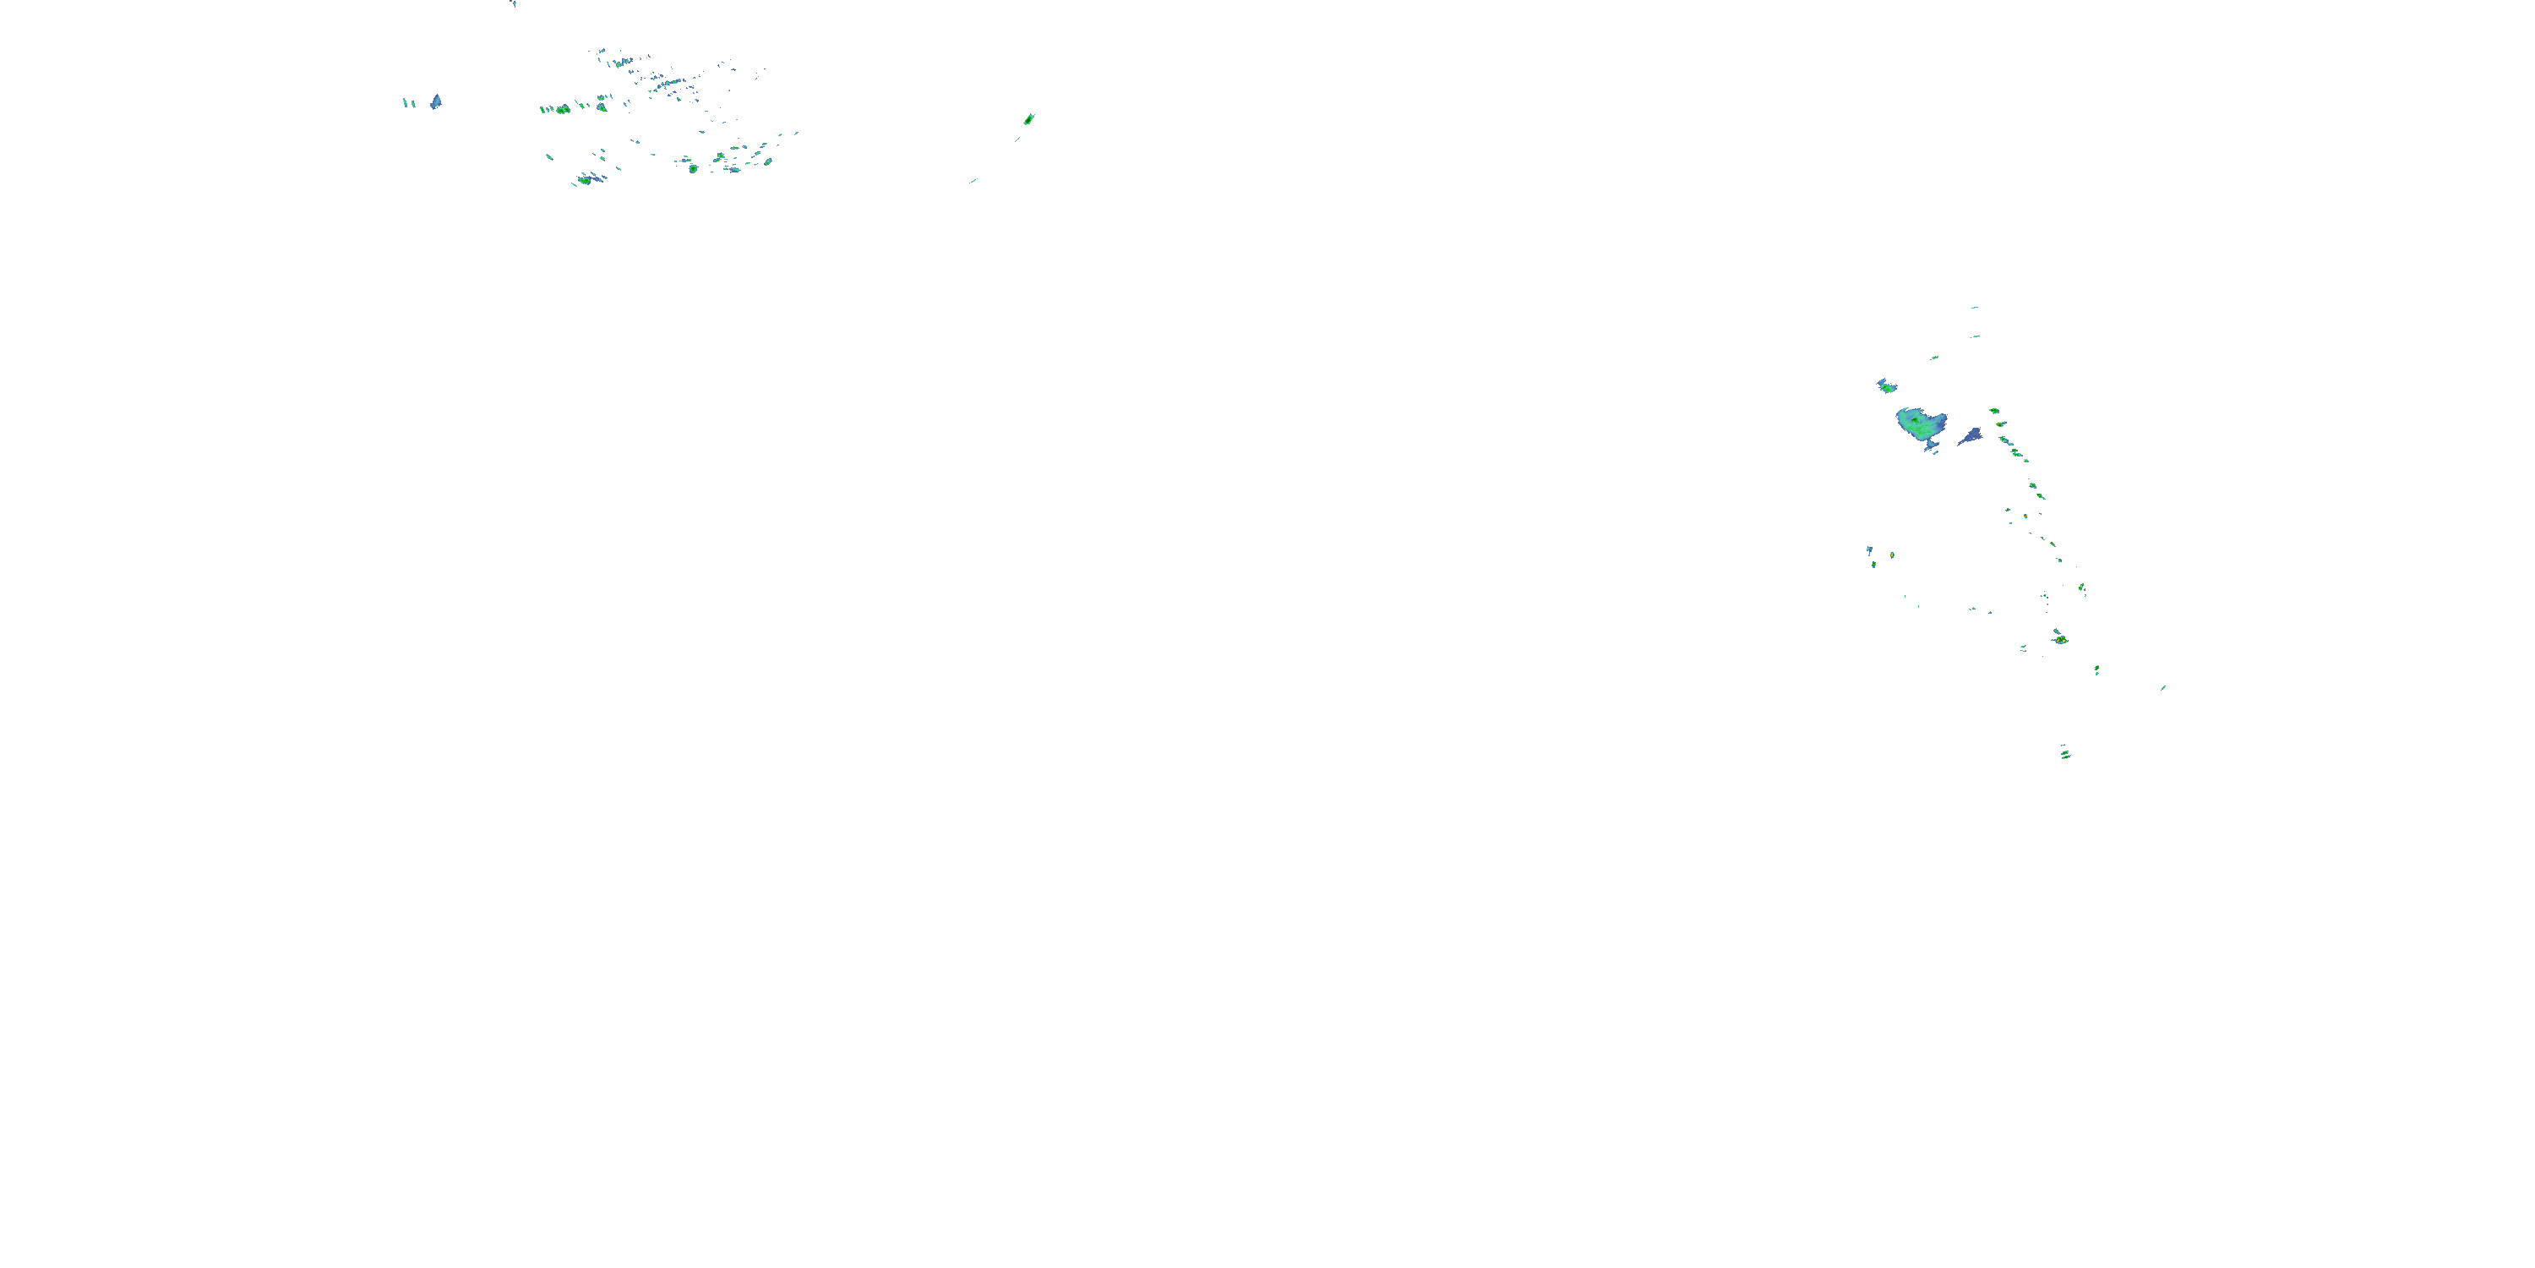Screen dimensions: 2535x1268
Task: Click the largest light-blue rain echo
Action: pyautogui.click(x=1920, y=425)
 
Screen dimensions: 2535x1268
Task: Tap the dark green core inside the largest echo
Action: pyautogui.click(x=1917, y=424)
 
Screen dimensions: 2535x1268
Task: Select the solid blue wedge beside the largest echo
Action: pyautogui.click(x=1971, y=436)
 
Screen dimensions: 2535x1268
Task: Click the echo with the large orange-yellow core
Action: pyautogui.click(x=2060, y=640)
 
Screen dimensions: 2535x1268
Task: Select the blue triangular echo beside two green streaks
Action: pyautogui.click(x=436, y=101)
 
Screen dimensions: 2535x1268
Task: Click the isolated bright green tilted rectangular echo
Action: pyautogui.click(x=1028, y=119)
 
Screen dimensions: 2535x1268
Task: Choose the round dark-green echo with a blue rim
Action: pyautogui.click(x=693, y=168)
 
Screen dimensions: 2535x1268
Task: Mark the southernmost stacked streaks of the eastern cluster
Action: pyautogui.click(x=2064, y=754)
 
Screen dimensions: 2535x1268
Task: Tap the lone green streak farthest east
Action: pyautogui.click(x=2162, y=688)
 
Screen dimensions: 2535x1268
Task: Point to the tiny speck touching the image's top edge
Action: pyautogui.click(x=513, y=3)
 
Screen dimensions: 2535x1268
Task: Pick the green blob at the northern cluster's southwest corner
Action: pyautogui.click(x=585, y=180)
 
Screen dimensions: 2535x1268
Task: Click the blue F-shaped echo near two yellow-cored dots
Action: pyautogui.click(x=1870, y=551)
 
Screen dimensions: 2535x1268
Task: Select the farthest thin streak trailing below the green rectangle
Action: pyautogui.click(x=973, y=181)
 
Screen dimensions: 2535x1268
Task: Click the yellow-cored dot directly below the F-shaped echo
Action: pyautogui.click(x=1873, y=565)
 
